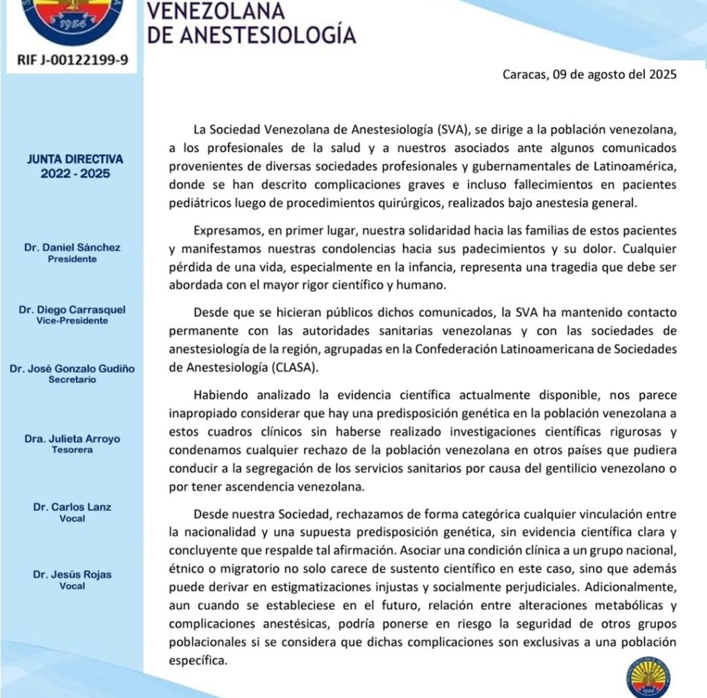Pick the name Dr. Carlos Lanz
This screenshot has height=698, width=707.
point(72,507)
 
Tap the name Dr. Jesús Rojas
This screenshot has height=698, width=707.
point(72,574)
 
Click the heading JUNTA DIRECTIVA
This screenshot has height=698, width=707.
point(72,158)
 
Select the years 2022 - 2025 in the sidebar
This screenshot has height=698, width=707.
point(72,173)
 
